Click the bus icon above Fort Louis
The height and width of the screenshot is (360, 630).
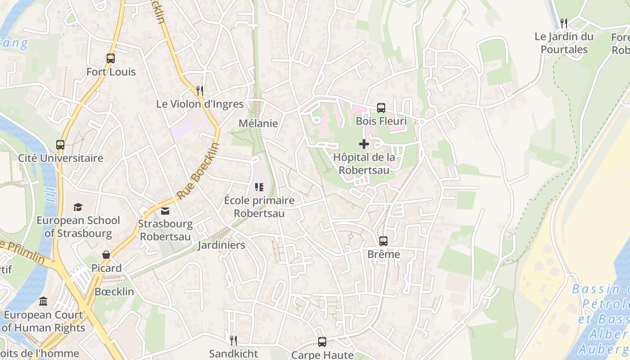pos(110,58)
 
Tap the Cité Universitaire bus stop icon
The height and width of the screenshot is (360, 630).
pos(60,144)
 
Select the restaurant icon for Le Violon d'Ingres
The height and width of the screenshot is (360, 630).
pos(200,90)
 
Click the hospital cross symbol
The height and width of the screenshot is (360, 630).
pos(364,144)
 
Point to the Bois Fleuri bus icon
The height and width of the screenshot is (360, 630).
pos(381,108)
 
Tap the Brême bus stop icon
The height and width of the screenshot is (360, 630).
pos(383,241)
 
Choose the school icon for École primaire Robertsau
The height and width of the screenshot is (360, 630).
pos(259,187)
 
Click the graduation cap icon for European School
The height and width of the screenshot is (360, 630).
pos(78,207)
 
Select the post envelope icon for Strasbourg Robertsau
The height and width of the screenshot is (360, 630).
pos(165,211)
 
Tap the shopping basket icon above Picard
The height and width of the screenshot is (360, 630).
pos(106,255)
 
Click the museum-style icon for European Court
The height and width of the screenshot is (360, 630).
pos(43,301)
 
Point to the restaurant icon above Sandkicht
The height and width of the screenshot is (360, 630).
pos(233,340)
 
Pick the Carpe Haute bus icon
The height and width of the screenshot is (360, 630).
pos(322,342)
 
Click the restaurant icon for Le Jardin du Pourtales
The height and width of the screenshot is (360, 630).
pos(564,23)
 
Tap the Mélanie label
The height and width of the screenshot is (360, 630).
pos(258,123)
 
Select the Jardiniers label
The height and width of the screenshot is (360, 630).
pos(221,245)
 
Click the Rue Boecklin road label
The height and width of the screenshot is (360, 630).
pos(198,172)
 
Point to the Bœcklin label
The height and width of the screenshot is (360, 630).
pos(114,292)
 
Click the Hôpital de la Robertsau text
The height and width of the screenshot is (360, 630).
pos(364,164)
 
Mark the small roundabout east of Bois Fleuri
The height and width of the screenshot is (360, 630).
pos(422,122)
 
